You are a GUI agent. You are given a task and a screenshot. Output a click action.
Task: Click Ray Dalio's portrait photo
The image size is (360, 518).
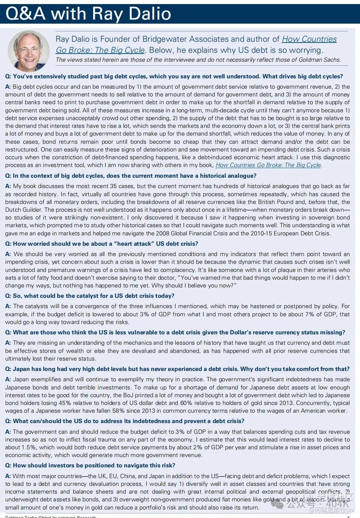coord(28,51)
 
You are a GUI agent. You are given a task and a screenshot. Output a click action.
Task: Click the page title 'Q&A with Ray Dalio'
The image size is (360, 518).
coord(88,14)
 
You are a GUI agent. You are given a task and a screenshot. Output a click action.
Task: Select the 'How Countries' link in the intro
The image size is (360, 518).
coord(309,39)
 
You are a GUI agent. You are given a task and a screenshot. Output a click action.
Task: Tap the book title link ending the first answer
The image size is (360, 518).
coord(268,165)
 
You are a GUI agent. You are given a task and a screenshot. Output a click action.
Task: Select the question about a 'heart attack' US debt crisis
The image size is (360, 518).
coord(101,244)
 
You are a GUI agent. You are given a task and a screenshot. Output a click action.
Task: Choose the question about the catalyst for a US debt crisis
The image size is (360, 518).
coord(89,296)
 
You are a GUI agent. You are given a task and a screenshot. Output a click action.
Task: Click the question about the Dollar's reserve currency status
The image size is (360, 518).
coord(175,333)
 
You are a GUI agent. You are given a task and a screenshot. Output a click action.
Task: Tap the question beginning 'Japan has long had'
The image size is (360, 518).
coord(177,369)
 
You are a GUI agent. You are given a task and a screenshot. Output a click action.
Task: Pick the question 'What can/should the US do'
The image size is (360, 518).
coord(125,421)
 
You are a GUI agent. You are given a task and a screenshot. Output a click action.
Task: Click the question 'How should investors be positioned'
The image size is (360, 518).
coord(90,466)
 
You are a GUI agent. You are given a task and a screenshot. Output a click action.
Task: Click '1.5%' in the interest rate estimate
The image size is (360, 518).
coord(28,447)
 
